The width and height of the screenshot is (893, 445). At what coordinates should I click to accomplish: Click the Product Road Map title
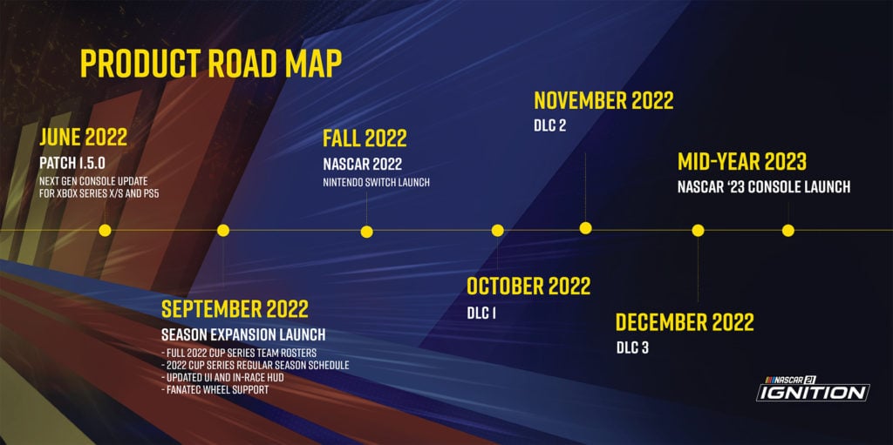tap(211, 64)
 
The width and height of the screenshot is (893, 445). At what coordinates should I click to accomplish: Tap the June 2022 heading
tap(83, 137)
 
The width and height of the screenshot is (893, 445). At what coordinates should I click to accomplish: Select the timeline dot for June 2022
tap(105, 231)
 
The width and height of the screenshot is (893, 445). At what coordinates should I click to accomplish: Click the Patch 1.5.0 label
tap(72, 164)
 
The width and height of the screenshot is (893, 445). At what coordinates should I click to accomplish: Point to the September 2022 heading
tap(235, 308)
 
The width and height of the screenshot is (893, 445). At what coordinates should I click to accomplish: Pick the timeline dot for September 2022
tap(223, 231)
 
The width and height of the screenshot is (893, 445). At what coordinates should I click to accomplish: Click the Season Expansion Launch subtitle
tap(243, 334)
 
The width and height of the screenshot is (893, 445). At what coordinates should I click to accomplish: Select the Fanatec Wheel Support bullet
tap(215, 390)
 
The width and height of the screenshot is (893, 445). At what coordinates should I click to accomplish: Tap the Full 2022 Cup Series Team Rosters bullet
tap(239, 352)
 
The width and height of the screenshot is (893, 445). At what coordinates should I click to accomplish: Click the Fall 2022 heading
tap(365, 138)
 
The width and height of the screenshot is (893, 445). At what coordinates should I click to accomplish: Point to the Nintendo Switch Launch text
tap(376, 183)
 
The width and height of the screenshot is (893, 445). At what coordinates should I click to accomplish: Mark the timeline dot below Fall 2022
tap(367, 232)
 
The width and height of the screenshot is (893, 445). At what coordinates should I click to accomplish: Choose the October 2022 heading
tap(528, 286)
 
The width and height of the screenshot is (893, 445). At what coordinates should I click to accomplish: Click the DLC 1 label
tap(481, 313)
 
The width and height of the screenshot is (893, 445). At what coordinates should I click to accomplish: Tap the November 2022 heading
tap(603, 101)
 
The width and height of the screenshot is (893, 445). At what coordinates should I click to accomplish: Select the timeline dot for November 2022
tap(585, 228)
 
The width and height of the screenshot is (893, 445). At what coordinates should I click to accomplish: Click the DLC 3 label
tap(632, 347)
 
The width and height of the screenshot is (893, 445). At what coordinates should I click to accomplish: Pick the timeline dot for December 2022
tap(698, 231)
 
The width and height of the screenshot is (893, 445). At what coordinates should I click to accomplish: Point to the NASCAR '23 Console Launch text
tap(764, 186)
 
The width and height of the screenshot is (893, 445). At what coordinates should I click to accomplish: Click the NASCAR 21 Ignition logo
tap(813, 388)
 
